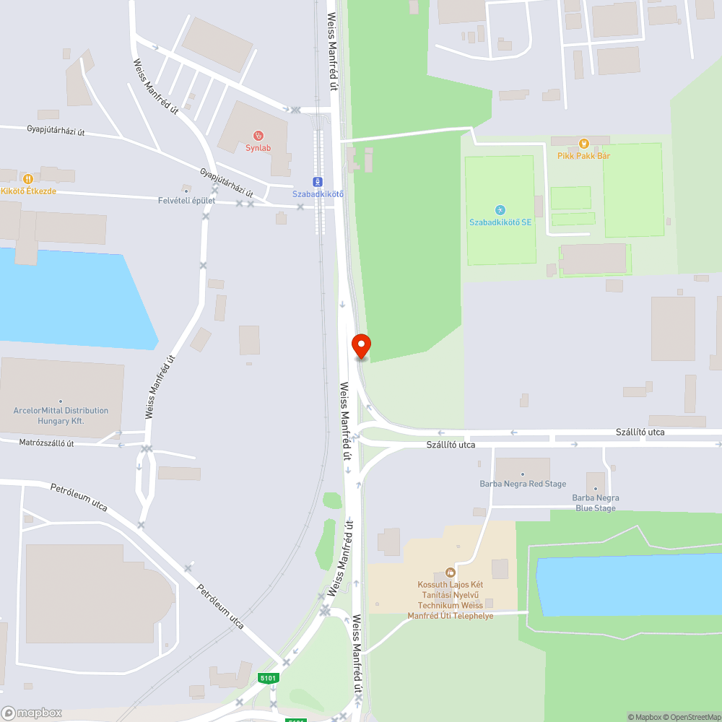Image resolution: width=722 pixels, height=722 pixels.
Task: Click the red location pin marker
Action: click(360, 346)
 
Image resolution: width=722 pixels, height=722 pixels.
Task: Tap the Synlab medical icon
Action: click(258, 135)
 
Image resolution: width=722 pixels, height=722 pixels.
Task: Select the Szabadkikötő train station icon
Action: click(318, 181)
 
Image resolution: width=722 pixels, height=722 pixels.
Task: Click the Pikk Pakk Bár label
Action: click(583, 155)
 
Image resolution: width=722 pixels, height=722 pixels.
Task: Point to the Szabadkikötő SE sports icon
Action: click(500, 210)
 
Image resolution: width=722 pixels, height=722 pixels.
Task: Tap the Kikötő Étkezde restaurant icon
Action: click(27, 178)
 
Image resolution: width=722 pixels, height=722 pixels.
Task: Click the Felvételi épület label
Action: click(186, 200)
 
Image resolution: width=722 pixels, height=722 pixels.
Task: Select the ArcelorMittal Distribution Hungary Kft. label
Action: click(61, 415)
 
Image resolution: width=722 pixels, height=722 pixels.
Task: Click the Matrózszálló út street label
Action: click(46, 443)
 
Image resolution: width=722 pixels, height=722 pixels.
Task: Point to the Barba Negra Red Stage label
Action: click(523, 484)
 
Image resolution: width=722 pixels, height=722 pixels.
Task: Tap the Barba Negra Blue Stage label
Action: click(595, 503)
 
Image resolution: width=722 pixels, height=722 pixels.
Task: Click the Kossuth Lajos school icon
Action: click(451, 573)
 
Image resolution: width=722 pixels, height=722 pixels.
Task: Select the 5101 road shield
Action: click(268, 678)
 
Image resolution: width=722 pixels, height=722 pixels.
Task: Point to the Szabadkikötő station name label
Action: click(318, 194)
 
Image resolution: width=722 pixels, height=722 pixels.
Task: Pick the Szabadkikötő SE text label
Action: click(500, 222)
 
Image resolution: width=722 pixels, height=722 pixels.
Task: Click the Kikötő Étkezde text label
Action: click(29, 191)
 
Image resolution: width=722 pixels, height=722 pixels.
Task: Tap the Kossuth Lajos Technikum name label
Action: click(451, 600)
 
